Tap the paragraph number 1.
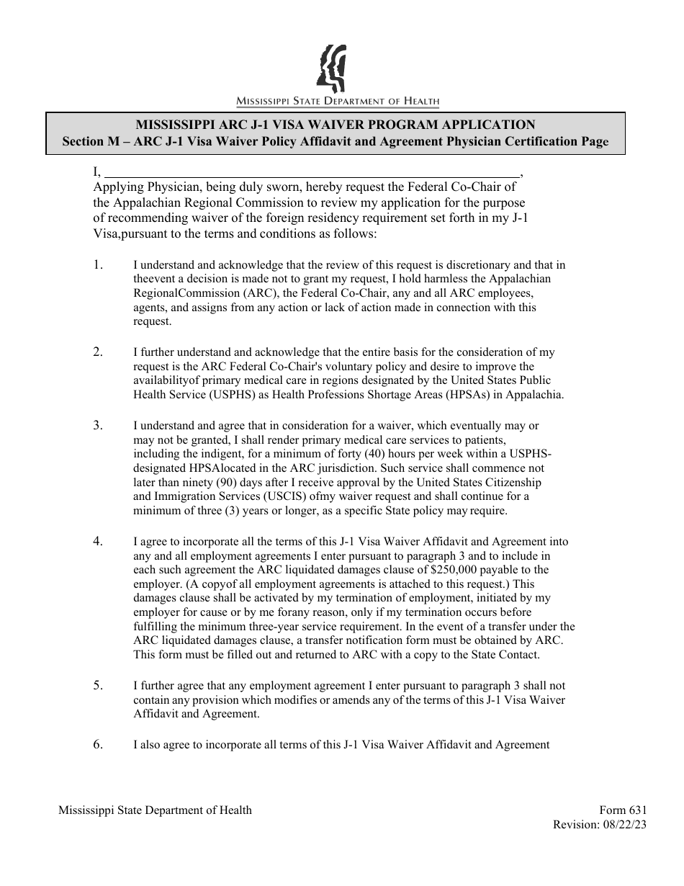pos(98,265)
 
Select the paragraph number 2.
pos(98,352)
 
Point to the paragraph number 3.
pos(98,425)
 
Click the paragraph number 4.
pos(98,541)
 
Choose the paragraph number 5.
pos(98,686)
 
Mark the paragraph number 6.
pos(98,745)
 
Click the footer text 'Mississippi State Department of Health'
pos(155,810)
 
